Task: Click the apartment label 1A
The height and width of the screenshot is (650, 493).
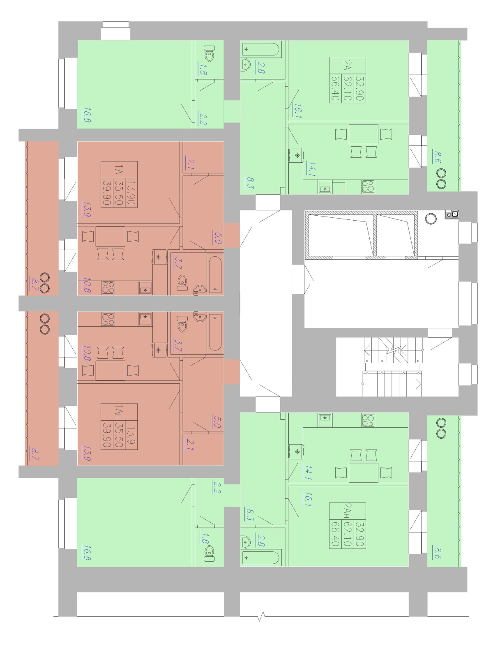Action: point(119,171)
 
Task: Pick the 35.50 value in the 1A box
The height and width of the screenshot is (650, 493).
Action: point(119,192)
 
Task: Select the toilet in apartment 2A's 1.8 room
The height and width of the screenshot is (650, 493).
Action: point(210,53)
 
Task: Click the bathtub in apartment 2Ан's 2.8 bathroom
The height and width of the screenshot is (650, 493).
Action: point(260,558)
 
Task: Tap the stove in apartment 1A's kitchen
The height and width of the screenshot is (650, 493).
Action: point(108,287)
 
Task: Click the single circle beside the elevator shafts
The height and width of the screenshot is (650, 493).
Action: point(431,219)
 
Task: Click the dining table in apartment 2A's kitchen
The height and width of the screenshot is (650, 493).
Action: point(363,134)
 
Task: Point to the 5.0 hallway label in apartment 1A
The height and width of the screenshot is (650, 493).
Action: point(217,237)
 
